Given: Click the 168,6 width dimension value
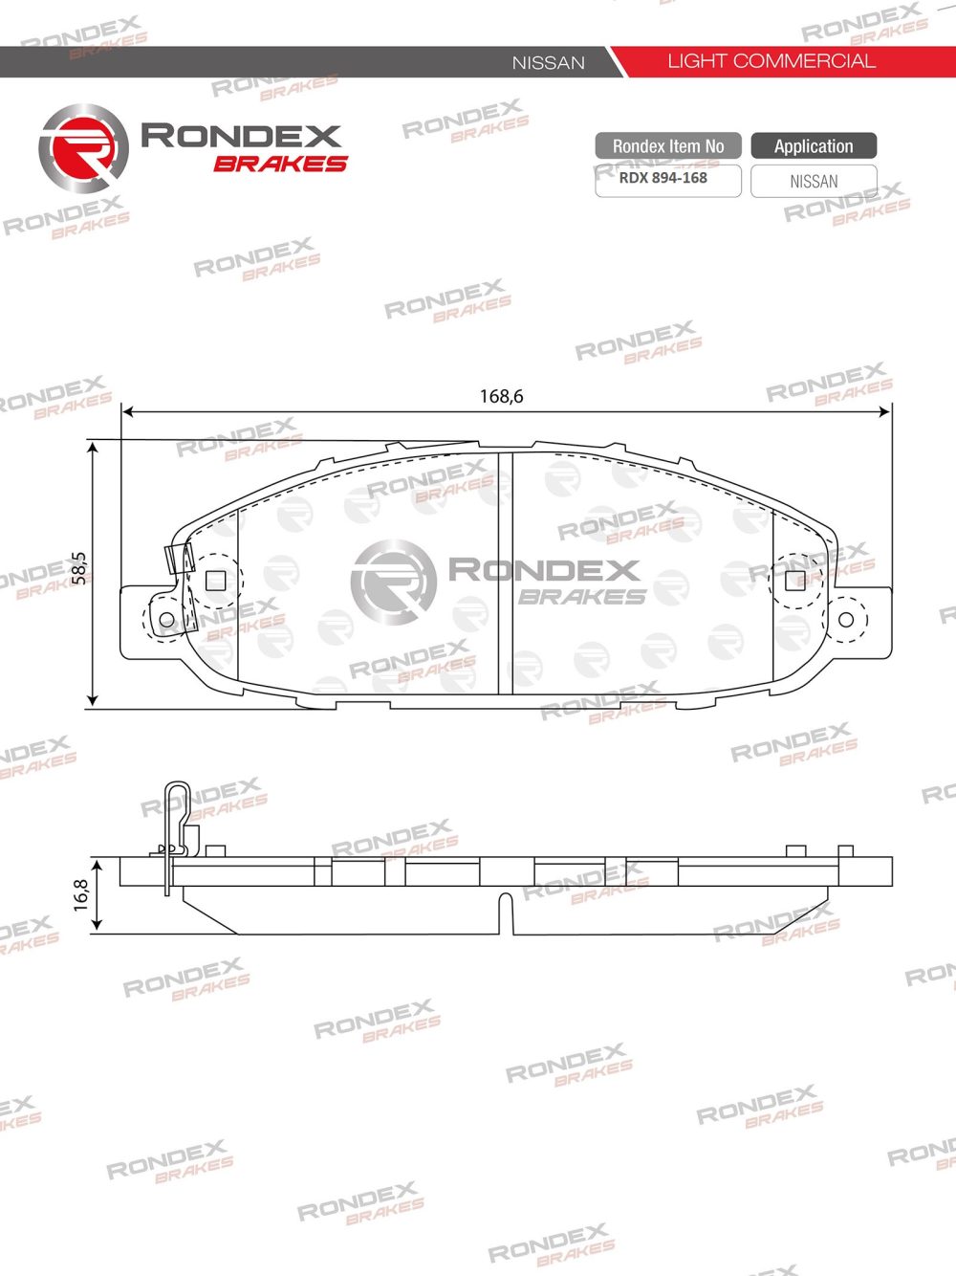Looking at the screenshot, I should pos(501,396).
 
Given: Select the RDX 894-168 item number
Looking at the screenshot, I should pos(663,178).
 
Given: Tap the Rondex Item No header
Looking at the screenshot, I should pos(667,146).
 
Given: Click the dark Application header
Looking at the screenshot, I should pos(814,146).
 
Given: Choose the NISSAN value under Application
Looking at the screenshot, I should pos(814,181).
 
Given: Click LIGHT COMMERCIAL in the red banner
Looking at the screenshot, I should pos(771,61).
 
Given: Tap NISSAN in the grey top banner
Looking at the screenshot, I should pos(548,63).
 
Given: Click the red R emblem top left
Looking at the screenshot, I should pos(83,149).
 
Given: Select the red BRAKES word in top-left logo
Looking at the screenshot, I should pos(280,165).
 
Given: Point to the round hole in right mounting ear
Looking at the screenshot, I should pos(845,620).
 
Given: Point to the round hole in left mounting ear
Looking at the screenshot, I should pos(161,620).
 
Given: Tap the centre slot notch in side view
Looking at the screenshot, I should pos(506,913).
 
